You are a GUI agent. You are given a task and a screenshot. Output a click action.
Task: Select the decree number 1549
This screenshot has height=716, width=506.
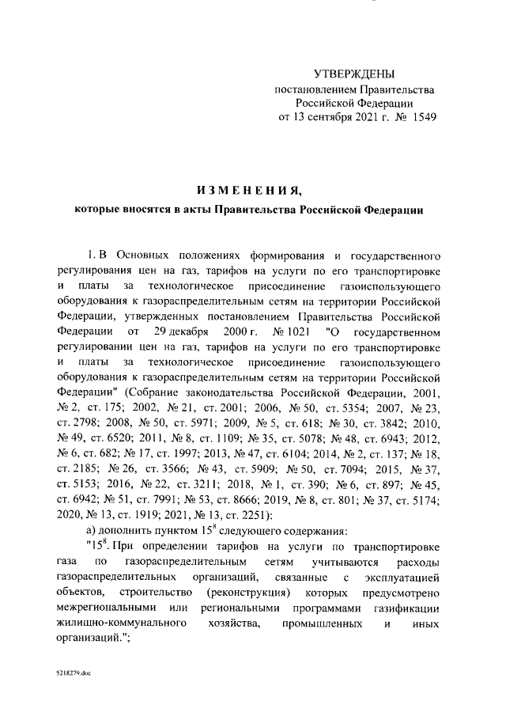(x=420, y=117)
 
